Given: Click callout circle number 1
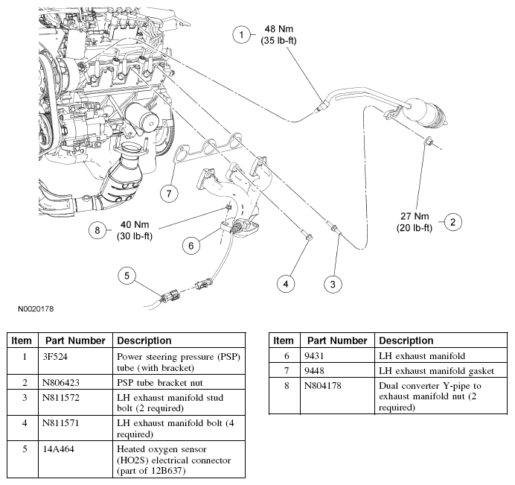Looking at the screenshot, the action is click(x=241, y=34).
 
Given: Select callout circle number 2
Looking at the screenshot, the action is click(x=453, y=222).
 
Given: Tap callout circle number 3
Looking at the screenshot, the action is click(x=333, y=284).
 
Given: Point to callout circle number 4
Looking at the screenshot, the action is click(x=286, y=284).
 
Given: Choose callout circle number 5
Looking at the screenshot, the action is click(x=127, y=276).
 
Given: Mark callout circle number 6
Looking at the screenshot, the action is click(x=191, y=245).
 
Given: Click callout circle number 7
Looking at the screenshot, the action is click(x=169, y=193).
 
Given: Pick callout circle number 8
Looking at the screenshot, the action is click(x=97, y=230).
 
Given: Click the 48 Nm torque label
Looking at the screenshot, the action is click(x=279, y=29).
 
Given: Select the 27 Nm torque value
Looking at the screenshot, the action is click(x=415, y=216).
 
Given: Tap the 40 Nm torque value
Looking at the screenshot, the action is click(x=135, y=224).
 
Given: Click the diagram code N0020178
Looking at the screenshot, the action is click(x=36, y=309).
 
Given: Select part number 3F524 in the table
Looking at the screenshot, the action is click(x=55, y=357).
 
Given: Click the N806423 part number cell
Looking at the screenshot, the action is click(x=61, y=383).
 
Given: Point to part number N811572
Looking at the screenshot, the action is click(x=61, y=398).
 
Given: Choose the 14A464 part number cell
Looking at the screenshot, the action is click(x=59, y=449).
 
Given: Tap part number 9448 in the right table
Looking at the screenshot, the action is click(x=314, y=371).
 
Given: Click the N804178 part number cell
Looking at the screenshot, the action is click(x=323, y=386).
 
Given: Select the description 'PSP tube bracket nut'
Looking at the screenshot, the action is click(x=160, y=383).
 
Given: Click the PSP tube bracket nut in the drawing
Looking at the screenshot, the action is click(x=429, y=142).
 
